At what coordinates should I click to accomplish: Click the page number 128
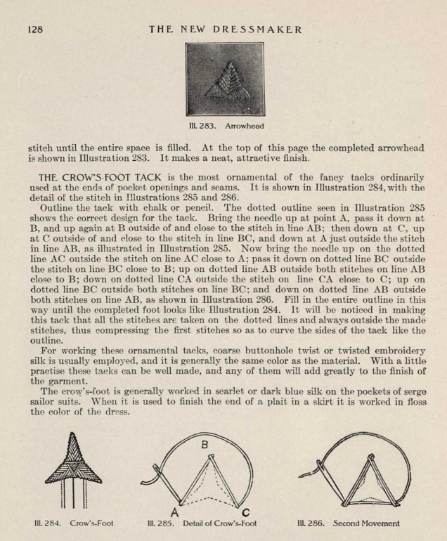coord(36,29)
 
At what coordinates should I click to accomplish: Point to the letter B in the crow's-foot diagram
coord(205,444)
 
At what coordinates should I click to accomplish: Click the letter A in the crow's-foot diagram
coord(174,510)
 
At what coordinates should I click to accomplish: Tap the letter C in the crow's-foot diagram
coord(244,511)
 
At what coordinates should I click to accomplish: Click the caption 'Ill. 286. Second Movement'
coord(346,523)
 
